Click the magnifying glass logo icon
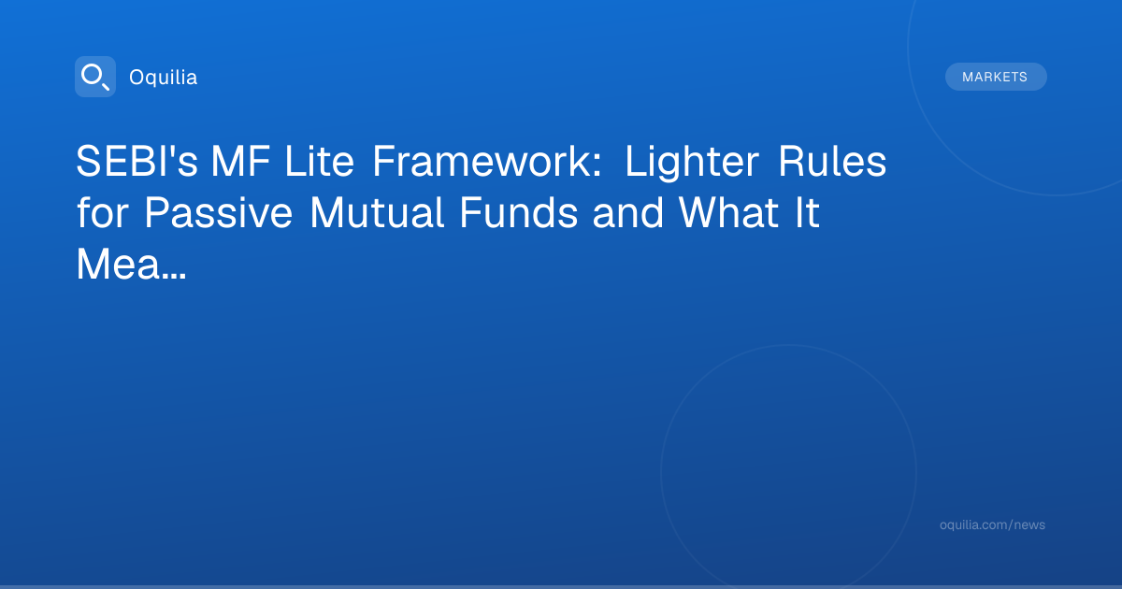click(x=95, y=77)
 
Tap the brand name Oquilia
click(x=164, y=78)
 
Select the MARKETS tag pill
click(x=996, y=77)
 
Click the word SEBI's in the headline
click(x=137, y=161)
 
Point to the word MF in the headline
click(x=240, y=161)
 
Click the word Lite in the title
click(x=320, y=161)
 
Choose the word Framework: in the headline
click(x=487, y=161)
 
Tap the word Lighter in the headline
click(x=692, y=163)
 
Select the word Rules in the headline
click(x=832, y=161)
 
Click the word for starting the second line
click(x=103, y=212)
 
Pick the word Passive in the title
click(x=219, y=212)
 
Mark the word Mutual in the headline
click(x=377, y=212)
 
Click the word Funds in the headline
click(x=518, y=212)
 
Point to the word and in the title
click(x=628, y=212)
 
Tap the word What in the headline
click(x=728, y=212)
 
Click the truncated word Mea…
click(x=131, y=264)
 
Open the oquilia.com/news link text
click(x=992, y=524)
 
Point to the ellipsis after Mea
click(x=173, y=276)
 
